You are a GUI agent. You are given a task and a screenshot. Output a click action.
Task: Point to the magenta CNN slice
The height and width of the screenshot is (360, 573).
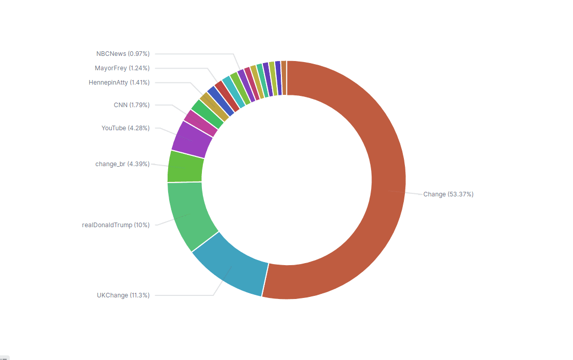200,123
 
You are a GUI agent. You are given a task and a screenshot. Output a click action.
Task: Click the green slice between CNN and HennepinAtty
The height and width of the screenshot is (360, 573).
207,113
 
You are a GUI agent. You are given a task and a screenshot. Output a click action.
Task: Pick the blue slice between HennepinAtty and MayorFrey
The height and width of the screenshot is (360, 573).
220,101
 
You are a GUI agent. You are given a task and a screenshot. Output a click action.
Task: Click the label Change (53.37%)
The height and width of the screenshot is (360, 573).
448,194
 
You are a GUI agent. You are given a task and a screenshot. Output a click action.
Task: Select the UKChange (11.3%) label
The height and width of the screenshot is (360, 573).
123,295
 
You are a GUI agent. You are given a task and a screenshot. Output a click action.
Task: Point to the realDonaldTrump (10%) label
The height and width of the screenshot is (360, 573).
116,225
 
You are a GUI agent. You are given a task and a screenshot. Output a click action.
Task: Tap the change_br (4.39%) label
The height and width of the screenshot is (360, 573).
122,164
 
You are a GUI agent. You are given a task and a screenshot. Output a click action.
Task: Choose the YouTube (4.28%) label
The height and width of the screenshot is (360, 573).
126,128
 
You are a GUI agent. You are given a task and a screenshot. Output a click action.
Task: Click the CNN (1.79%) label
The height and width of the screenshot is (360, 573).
132,105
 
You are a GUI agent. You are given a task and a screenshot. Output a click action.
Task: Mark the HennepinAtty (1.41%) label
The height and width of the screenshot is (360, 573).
119,83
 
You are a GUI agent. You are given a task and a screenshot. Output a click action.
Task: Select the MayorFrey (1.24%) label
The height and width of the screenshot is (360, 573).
122,68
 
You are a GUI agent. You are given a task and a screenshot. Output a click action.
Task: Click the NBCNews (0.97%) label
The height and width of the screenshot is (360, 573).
123,54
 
